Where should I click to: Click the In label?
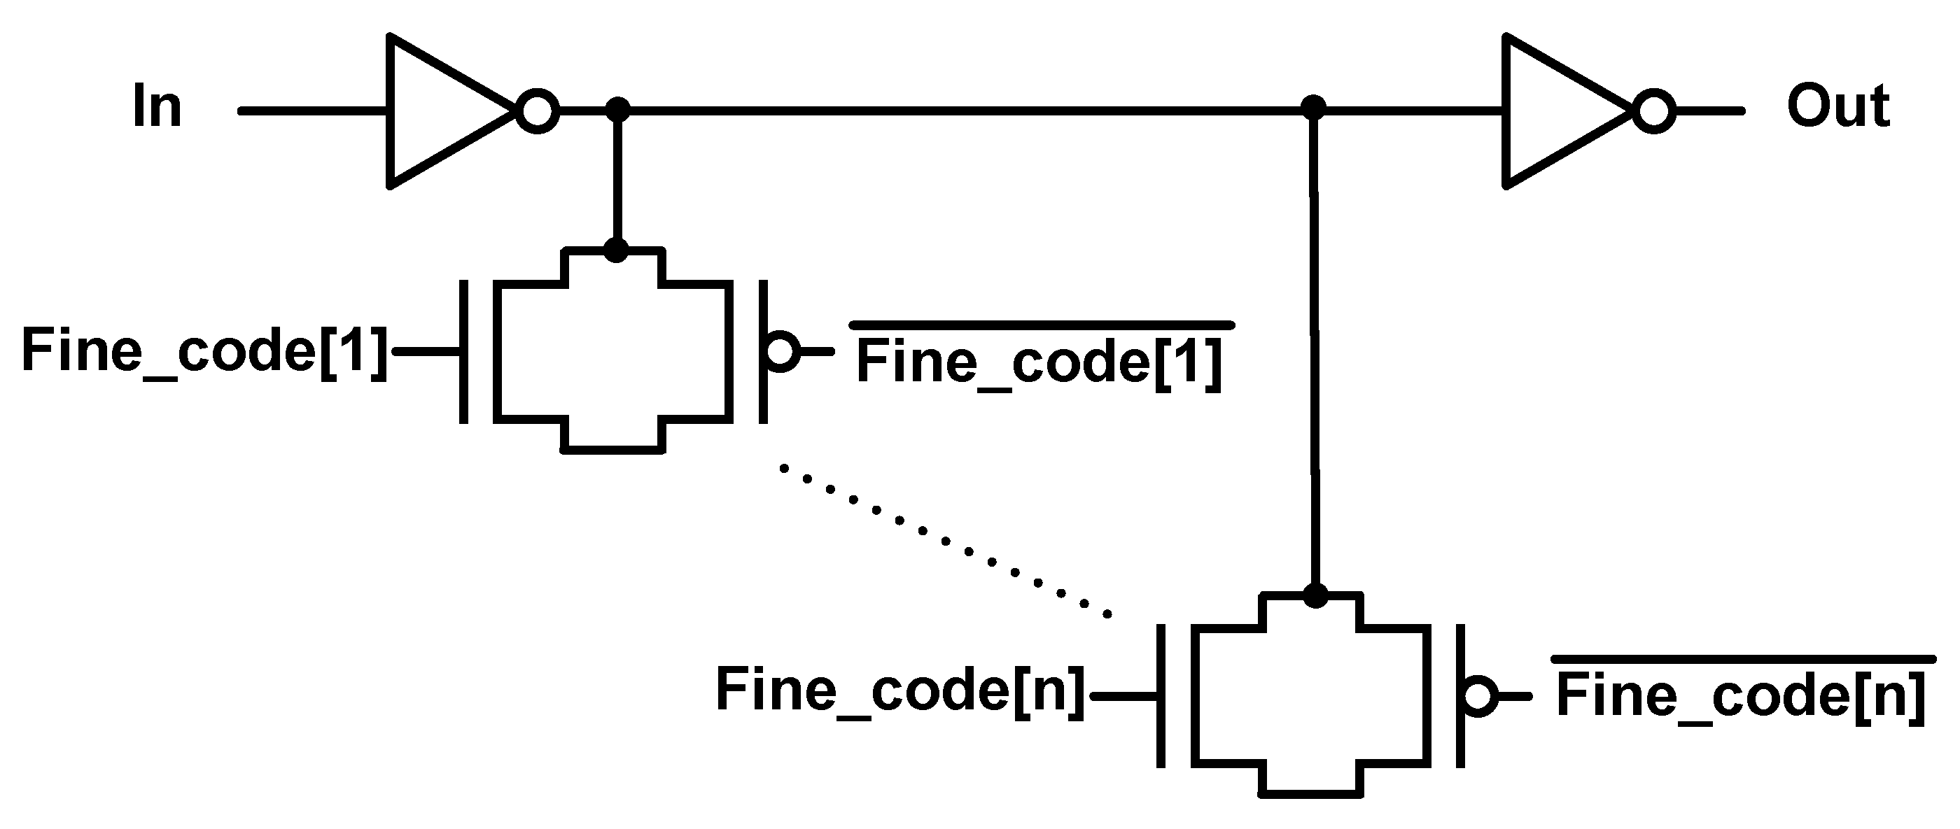(x=157, y=107)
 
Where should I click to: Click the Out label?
(x=1837, y=107)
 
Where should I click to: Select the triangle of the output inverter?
(x=1552, y=111)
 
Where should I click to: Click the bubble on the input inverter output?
(x=537, y=111)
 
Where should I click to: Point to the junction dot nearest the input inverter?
(x=617, y=110)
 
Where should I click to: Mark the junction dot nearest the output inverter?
(x=1313, y=108)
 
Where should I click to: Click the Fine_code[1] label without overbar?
(x=204, y=350)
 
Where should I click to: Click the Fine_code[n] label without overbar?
(x=900, y=690)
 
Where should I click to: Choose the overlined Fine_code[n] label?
(x=1741, y=695)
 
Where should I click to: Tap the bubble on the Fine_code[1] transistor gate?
(x=781, y=351)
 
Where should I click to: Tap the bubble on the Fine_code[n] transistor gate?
(x=1478, y=696)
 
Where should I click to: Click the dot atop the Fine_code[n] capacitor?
(x=1315, y=595)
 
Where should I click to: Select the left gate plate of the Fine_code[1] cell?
(x=464, y=351)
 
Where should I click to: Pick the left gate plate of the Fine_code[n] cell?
(x=1161, y=696)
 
